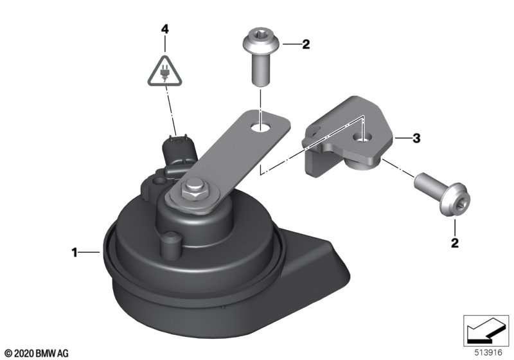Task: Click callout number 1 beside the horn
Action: click(x=75, y=253)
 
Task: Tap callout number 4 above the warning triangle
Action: click(x=165, y=29)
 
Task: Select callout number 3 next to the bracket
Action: click(x=416, y=138)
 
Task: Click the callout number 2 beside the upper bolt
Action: click(x=306, y=44)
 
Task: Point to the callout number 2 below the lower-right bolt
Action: click(x=455, y=243)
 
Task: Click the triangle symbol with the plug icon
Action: click(x=164, y=72)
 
